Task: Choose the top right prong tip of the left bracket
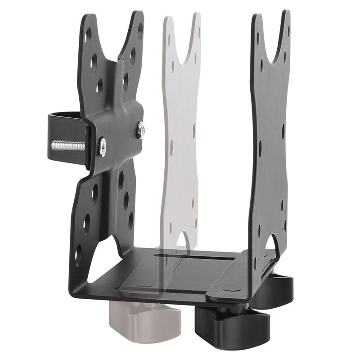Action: pos(138,16)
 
